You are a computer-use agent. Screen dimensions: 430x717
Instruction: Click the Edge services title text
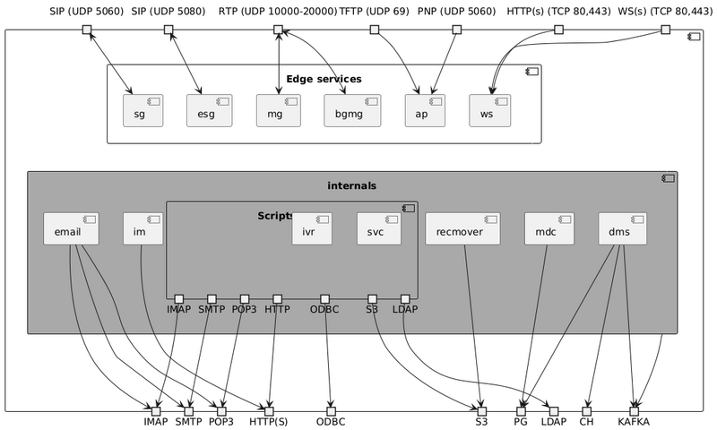point(324,79)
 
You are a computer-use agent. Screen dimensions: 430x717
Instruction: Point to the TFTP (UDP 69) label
point(375,12)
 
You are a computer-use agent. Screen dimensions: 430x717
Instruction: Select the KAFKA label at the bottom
point(634,421)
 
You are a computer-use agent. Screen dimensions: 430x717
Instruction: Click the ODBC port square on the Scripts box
point(325,298)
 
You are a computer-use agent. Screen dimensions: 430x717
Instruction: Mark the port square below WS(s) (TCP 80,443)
point(665,30)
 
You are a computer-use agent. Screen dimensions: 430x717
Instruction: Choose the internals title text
point(352,185)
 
